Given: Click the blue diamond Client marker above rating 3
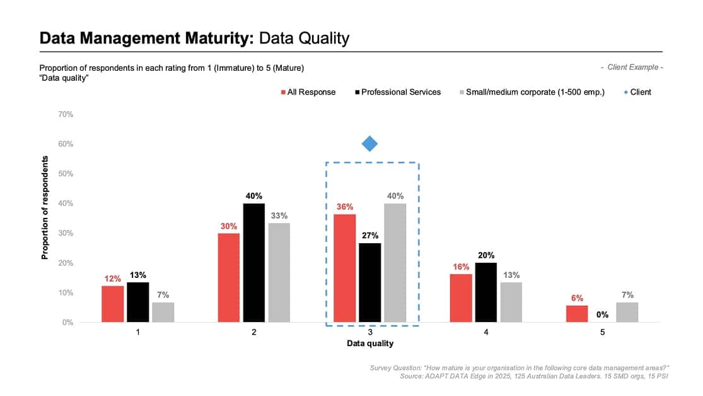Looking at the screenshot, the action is coord(370,143).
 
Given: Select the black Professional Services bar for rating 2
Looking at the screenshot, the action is coord(253,263).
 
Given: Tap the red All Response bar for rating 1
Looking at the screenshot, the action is coord(112,304).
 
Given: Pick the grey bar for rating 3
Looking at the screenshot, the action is coord(395,263).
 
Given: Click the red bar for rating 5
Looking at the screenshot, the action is coord(577,314).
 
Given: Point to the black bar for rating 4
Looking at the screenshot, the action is coord(486,292).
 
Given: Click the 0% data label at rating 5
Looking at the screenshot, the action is coord(602,315).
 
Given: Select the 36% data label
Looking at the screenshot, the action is coord(345,207).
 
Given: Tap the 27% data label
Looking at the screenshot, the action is coord(370,236).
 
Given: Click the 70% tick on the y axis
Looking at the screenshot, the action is coord(66,114).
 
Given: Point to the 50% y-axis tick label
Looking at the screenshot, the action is coord(66,174).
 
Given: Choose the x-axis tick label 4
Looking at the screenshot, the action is coord(486,332).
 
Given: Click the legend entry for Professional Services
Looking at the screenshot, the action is coord(398,92).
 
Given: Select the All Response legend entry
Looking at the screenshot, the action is coord(308,92).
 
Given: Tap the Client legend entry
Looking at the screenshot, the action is coord(637,92).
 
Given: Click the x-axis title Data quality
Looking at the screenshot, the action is coord(370,344).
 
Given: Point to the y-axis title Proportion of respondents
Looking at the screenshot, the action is coord(44,207).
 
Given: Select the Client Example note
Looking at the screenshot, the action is coord(632,68).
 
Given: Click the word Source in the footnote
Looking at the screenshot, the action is coord(412,376).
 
